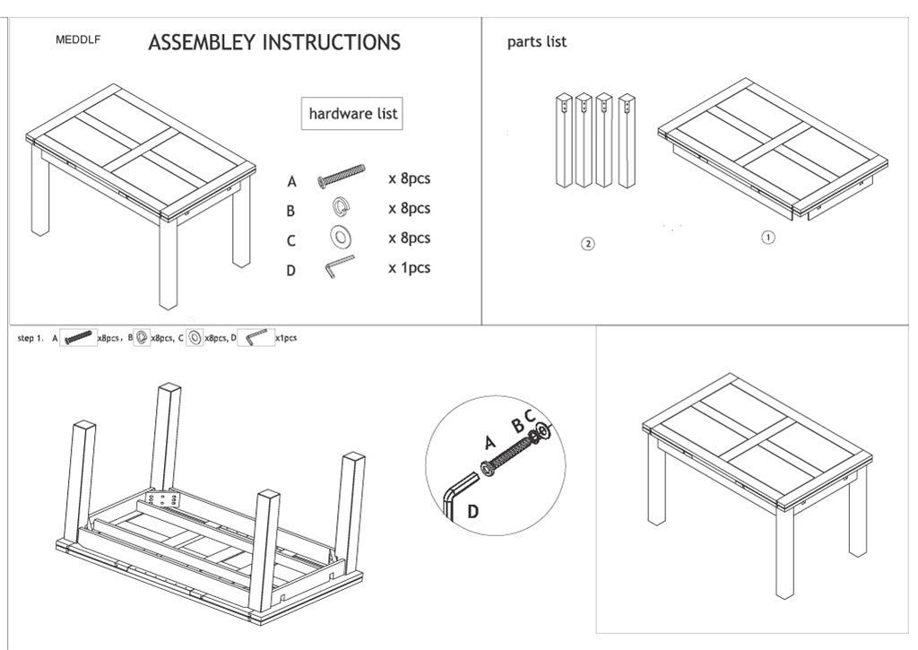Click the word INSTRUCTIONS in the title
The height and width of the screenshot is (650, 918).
click(x=331, y=42)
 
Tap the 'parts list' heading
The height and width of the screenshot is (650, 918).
click(x=536, y=41)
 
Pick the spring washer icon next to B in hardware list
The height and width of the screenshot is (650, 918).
click(x=341, y=207)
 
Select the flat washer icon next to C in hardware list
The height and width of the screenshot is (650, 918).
click(x=341, y=238)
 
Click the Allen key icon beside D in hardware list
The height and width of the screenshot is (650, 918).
click(x=340, y=266)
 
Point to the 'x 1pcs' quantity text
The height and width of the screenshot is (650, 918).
click(x=409, y=268)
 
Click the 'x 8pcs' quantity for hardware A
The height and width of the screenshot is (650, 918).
click(x=409, y=178)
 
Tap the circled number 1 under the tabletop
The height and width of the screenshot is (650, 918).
click(x=767, y=238)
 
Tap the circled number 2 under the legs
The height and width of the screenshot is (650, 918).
click(x=587, y=243)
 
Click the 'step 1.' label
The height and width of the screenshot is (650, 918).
click(x=30, y=338)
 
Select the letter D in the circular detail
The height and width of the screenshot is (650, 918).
click(x=472, y=512)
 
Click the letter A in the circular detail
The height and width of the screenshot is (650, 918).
click(x=489, y=441)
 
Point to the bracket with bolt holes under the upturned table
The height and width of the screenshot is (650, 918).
click(x=162, y=498)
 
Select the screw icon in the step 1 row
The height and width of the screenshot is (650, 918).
click(x=79, y=337)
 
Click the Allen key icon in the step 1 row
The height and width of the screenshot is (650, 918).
click(x=256, y=337)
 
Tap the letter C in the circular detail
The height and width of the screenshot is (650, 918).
click(x=530, y=415)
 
